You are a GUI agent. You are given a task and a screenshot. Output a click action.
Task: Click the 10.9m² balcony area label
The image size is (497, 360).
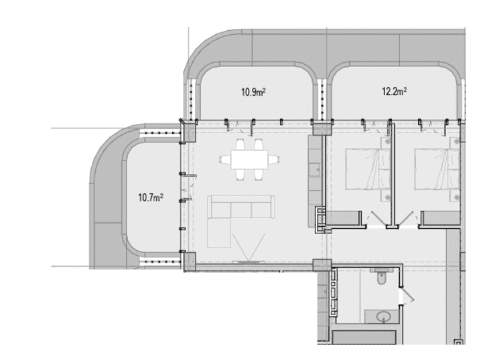pyautogui.click(x=253, y=92)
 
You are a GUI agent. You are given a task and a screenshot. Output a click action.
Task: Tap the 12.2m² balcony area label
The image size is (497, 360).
pyautogui.click(x=395, y=92)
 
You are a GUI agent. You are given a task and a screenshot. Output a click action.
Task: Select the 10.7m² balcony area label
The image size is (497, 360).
pyautogui.click(x=151, y=197)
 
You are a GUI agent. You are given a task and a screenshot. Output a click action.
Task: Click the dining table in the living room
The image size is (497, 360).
pyautogui.click(x=249, y=159)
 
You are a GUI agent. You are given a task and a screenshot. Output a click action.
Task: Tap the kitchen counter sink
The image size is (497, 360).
pyautogui.click(x=316, y=169)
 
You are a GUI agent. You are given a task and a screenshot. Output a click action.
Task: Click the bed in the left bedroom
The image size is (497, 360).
pyautogui.click(x=368, y=169)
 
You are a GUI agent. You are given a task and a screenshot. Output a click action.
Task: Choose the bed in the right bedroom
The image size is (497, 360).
pyautogui.click(x=437, y=169)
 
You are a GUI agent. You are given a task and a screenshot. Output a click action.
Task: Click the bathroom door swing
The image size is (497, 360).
pyautogui.click(x=407, y=294)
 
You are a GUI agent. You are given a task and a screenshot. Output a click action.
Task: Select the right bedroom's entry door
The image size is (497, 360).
pyautogui.click(x=407, y=218)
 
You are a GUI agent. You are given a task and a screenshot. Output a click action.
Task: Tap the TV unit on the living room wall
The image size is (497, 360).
pyautogui.click(x=248, y=262)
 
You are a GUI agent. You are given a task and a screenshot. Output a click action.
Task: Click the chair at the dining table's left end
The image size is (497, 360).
pyautogui.click(x=225, y=159)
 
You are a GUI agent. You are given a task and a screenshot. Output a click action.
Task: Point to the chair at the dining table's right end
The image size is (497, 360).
pyautogui.click(x=274, y=159)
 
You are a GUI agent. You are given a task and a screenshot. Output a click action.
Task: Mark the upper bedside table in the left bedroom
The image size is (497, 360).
pyautogui.click(x=386, y=142)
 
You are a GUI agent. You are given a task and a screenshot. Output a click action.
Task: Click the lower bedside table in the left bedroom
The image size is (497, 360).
pyautogui.click(x=386, y=197)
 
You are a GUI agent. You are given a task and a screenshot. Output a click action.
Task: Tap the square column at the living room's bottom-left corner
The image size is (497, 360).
pyautogui.click(x=190, y=262)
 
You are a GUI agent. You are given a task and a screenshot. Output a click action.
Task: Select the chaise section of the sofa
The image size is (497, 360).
pyautogui.click(x=219, y=233)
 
